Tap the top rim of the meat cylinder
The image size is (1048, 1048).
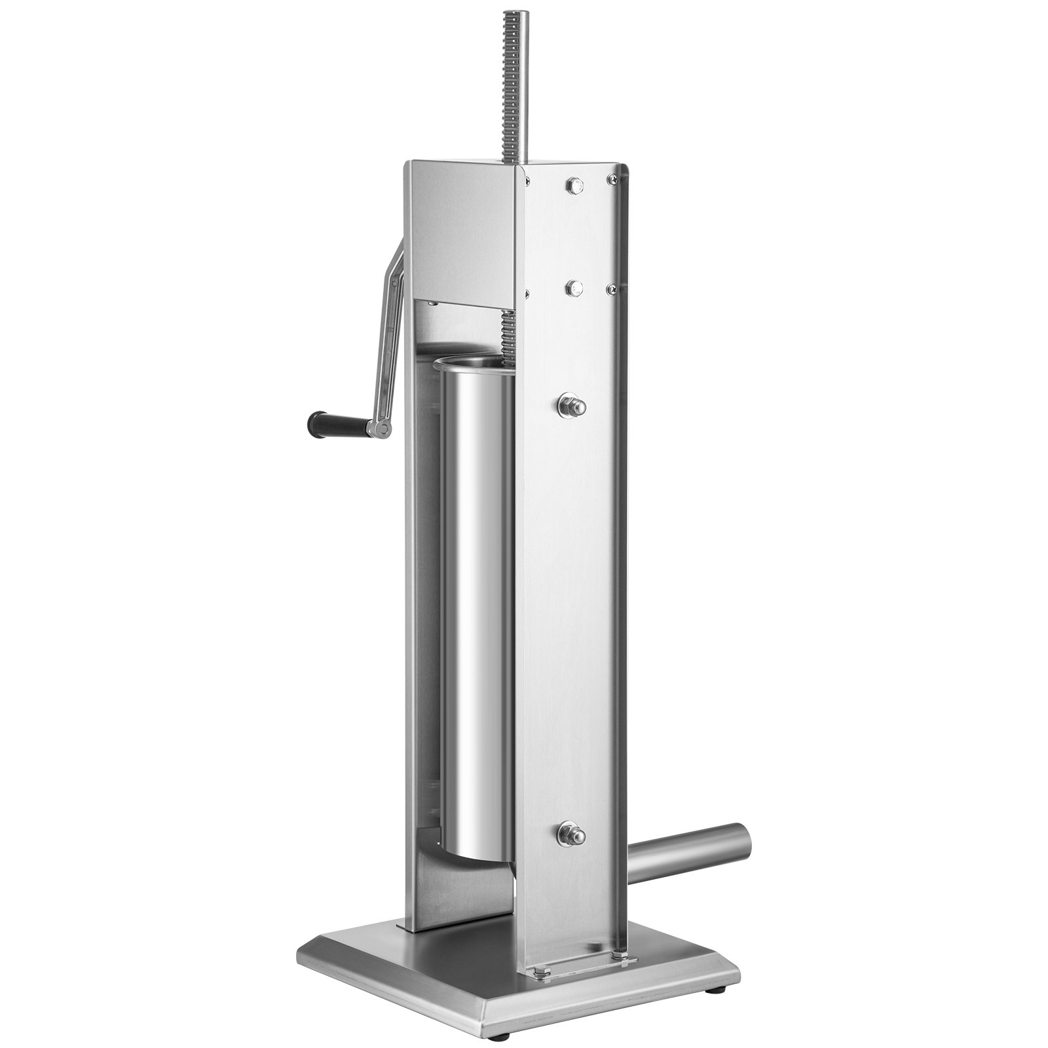coord(468,362)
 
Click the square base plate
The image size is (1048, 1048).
coord(419,937)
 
